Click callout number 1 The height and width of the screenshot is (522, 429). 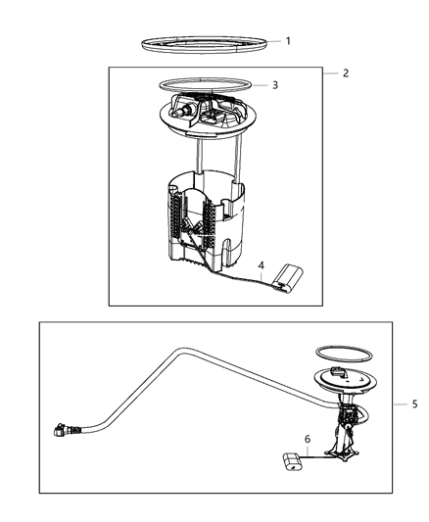pos(287,41)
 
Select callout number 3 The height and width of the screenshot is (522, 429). pos(275,85)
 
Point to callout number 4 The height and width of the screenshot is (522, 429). pos(261,264)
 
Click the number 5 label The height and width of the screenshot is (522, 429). pos(414,403)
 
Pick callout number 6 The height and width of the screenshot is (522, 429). pos(307,441)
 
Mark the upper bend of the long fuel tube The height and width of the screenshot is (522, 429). pos(176,350)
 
